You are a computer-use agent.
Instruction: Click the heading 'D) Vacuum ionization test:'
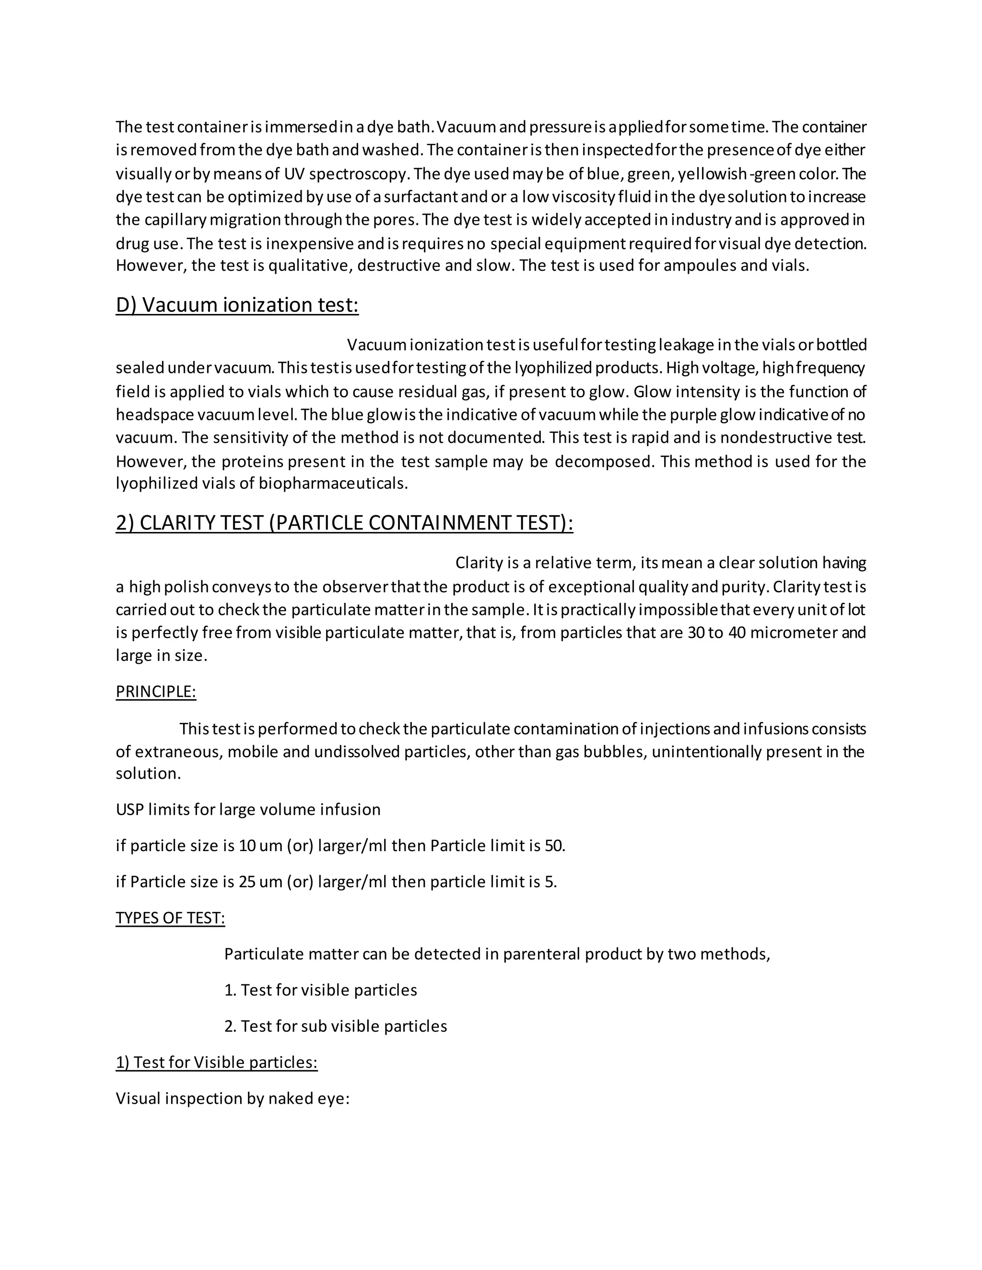pos(237,305)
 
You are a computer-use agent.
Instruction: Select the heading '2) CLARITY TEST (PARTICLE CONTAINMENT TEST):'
pos(344,523)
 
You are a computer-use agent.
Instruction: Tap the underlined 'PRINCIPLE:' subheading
pos(156,692)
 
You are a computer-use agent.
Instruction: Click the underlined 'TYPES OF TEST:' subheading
pos(170,918)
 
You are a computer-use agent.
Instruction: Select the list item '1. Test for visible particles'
pos(321,990)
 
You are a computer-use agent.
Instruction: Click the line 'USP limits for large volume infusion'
pos(248,809)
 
